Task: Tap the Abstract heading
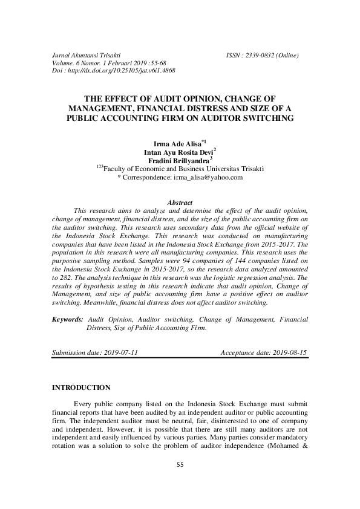click(x=180, y=202)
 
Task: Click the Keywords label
click(x=68, y=319)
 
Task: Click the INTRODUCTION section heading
click(x=82, y=387)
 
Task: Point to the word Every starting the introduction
click(x=82, y=403)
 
